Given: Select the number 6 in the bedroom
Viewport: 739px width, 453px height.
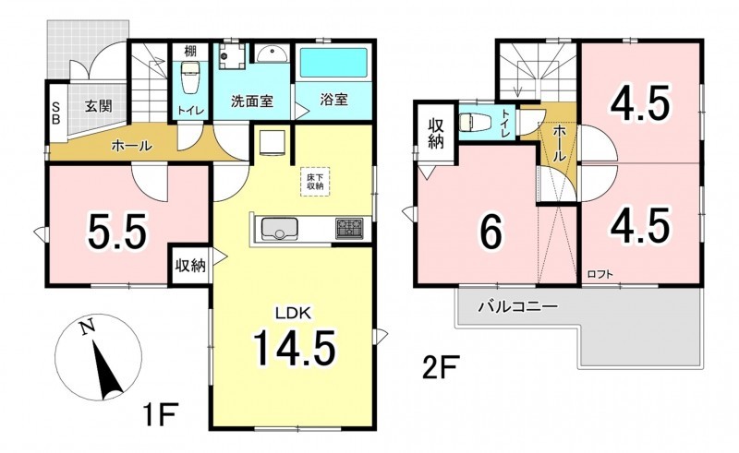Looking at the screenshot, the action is [491, 233].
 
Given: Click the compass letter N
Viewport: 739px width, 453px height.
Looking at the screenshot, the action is [86, 328].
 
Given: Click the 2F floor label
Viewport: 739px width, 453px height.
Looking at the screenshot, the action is [440, 368].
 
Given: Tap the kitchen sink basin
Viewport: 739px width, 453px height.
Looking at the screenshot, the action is [280, 228].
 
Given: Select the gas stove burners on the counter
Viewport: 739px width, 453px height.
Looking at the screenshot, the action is [349, 229].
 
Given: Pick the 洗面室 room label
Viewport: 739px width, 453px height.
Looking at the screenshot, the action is [252, 101].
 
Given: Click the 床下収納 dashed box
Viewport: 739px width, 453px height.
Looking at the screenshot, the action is [315, 182].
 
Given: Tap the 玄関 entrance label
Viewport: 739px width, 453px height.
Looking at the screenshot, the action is [99, 106].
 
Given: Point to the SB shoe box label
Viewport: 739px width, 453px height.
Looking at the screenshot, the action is [55, 113].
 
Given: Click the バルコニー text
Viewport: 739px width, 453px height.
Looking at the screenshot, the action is [518, 307].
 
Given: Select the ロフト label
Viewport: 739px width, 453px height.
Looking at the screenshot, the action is [600, 274].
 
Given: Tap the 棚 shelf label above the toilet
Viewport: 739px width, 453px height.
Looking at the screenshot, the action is [190, 51].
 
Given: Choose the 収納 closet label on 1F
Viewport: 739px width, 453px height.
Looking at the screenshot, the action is [190, 266].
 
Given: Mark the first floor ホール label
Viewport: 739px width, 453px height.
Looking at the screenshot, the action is [131, 147].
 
